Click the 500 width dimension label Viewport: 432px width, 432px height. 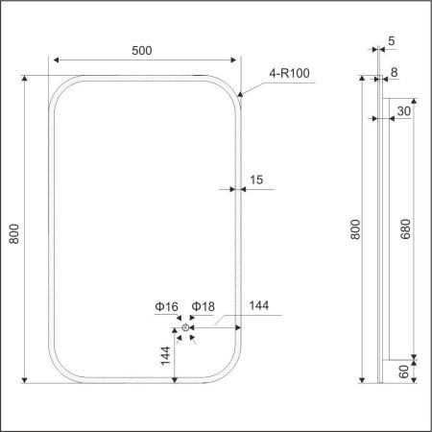[x=144, y=49]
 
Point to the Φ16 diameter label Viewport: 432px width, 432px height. [x=166, y=306]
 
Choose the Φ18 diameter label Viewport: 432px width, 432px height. [x=203, y=306]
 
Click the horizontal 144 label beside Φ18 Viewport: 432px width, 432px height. [x=258, y=306]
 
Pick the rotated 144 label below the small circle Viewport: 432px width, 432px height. [x=167, y=360]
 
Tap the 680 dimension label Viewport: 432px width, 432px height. [x=406, y=228]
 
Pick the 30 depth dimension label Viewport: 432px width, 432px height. [x=404, y=110]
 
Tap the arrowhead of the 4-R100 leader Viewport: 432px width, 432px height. [x=239, y=93]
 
